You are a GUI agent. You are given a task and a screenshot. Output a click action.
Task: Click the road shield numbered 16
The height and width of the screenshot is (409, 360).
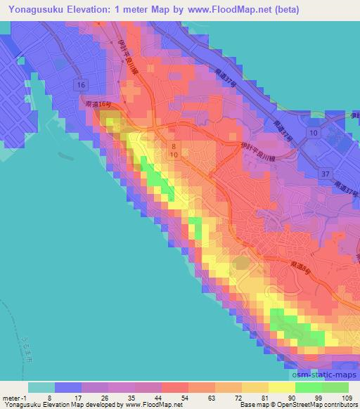pos(82,85)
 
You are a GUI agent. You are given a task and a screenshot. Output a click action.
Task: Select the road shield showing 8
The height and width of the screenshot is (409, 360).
pos(174,145)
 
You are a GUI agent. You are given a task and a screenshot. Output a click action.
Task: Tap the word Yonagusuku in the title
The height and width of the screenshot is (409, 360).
pos(34,10)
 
